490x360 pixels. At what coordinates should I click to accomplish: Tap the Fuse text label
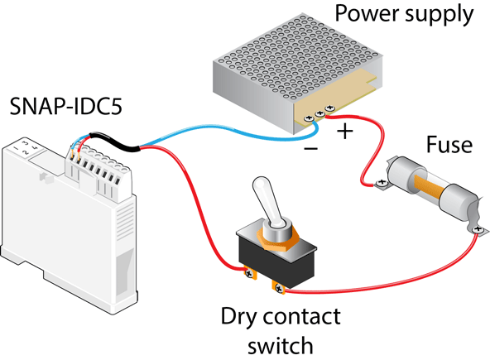pyautogui.click(x=449, y=146)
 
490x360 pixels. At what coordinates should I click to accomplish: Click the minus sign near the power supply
pyautogui.click(x=309, y=149)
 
